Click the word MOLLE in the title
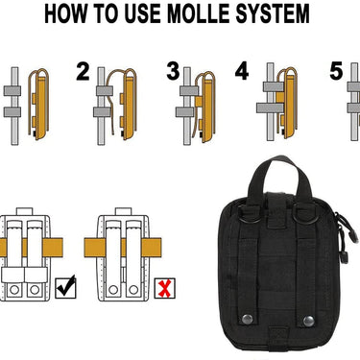pyautogui.click(x=199, y=13)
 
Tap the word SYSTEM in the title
pyautogui.click(x=273, y=13)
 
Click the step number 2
pyautogui.click(x=83, y=72)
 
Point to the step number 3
pyautogui.click(x=173, y=71)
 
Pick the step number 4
pyautogui.click(x=242, y=71)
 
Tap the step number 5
pyautogui.click(x=336, y=71)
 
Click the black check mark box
pyautogui.click(x=65, y=287)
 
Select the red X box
pyautogui.click(x=165, y=288)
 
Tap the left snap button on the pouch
pyautogui.click(x=247, y=319)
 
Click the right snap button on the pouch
pyautogui.click(x=308, y=321)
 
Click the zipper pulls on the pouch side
pyautogui.click(x=347, y=237)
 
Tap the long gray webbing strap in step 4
pyautogui.click(x=271, y=108)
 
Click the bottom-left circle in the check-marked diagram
pyautogui.click(x=14, y=290)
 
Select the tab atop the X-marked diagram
pyautogui.click(x=123, y=211)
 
